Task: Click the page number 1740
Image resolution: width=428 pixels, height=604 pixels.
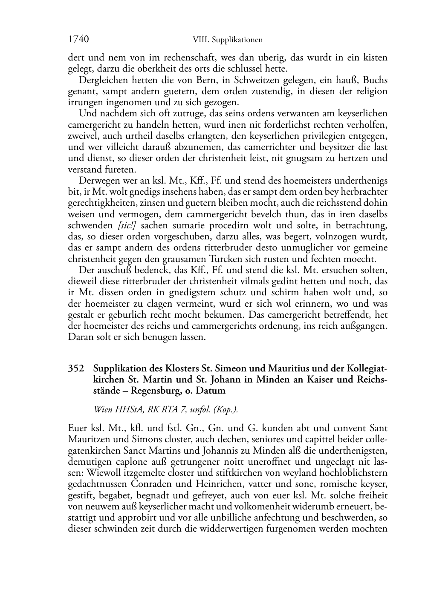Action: click(x=78, y=40)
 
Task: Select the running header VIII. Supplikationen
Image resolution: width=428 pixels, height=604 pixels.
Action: click(x=227, y=40)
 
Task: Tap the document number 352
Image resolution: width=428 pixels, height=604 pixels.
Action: click(x=76, y=368)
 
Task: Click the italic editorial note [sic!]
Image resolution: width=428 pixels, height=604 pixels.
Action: click(x=129, y=225)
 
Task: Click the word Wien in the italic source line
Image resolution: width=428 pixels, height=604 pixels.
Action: click(x=103, y=410)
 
